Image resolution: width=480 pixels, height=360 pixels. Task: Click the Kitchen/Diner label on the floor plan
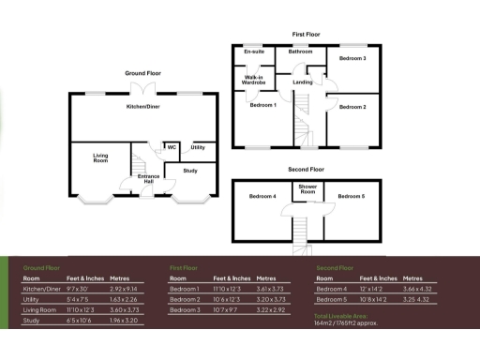(143, 107)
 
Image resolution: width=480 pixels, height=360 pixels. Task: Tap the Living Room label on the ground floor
(100, 158)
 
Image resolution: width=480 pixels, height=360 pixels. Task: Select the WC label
(172, 147)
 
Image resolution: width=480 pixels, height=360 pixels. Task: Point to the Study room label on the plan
(190, 171)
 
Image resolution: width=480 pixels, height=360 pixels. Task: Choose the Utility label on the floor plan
(198, 147)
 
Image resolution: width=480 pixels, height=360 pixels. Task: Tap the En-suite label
(252, 51)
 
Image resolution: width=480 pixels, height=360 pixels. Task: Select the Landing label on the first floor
(303, 82)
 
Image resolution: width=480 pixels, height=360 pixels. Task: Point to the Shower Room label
(307, 188)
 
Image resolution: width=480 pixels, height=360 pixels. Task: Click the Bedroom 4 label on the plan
(262, 197)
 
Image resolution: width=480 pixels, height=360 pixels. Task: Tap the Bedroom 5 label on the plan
(352, 197)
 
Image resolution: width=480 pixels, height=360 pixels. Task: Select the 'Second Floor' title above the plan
(306, 170)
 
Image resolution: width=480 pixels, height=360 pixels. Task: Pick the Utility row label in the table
(33, 300)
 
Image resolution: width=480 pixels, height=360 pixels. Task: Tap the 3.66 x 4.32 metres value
(419, 291)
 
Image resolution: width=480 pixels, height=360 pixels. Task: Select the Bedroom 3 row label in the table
(185, 310)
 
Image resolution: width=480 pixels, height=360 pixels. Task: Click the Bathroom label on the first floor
(301, 51)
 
